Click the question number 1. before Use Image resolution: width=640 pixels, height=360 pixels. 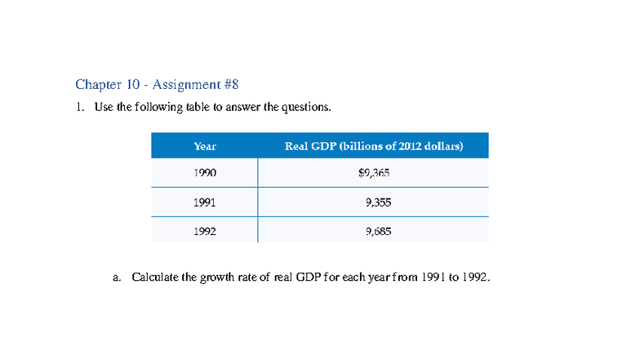(80, 107)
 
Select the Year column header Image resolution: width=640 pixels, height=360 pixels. (205, 146)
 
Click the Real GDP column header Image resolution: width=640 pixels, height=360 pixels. (373, 146)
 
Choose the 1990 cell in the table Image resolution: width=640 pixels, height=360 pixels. (205, 173)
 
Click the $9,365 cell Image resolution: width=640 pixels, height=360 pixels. (373, 173)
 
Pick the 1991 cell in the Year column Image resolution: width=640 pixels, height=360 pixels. (205, 202)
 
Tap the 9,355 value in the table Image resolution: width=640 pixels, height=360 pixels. (379, 202)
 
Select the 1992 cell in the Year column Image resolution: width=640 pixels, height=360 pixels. (205, 231)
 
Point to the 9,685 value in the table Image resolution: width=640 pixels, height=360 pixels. (379, 231)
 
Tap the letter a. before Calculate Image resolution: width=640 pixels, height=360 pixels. (118, 278)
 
